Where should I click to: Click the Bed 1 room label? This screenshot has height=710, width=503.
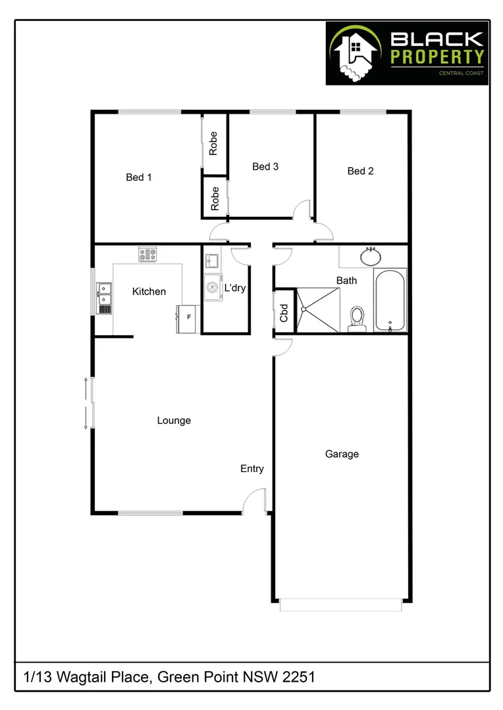139,177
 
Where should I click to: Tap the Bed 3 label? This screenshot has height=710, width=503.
265,166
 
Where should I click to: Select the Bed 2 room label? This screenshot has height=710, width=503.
360,171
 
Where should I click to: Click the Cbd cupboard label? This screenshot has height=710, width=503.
284,312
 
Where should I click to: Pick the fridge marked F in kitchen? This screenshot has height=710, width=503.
188,319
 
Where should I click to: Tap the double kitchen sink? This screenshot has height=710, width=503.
104,296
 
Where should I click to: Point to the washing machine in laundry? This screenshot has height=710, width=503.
213,287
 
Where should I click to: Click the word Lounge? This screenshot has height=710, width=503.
174,420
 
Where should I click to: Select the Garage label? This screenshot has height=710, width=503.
342,454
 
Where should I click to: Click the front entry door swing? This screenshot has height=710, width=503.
254,502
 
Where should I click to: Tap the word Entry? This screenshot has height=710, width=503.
251,469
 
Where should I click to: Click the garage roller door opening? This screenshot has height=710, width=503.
340,604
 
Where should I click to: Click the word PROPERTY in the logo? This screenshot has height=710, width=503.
438,57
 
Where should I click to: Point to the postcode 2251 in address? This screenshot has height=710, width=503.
299,676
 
